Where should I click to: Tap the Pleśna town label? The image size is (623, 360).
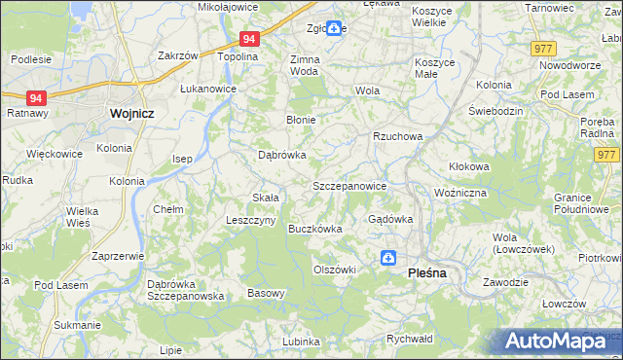tap(426, 273)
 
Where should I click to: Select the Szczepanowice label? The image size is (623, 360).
tap(349, 186)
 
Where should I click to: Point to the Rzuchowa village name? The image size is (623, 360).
tap(398, 136)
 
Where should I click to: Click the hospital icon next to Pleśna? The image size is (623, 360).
tap(387, 258)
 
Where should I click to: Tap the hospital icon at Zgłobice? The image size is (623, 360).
tap(334, 29)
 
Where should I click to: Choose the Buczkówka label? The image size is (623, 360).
tap(315, 230)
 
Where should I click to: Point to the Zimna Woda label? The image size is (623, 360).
tap(305, 65)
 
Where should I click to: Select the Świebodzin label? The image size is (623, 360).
tap(496, 111)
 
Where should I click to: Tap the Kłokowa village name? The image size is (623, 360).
tap(469, 166)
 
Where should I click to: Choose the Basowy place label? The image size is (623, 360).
tap(266, 293)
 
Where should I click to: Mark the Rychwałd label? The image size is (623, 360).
tap(409, 339)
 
